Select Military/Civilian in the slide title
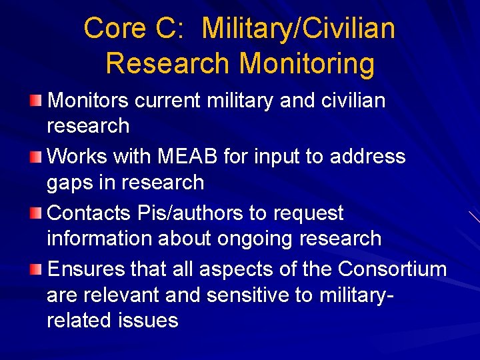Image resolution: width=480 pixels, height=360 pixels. [x=298, y=29]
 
